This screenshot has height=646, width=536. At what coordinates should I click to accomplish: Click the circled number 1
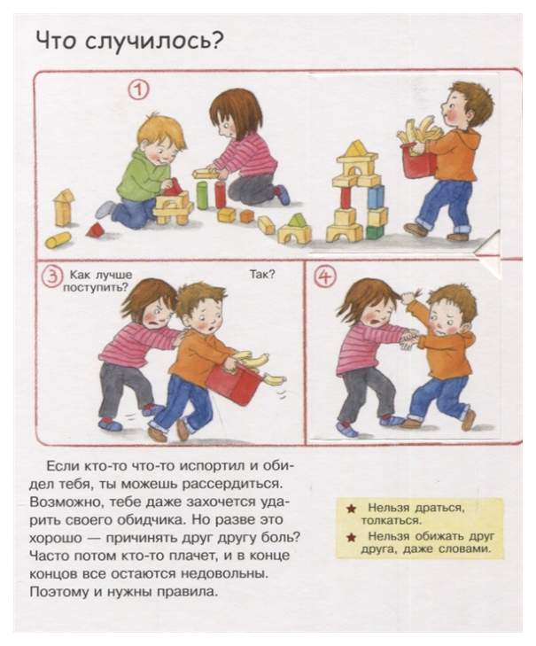(140, 90)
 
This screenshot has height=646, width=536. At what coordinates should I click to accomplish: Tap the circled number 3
(52, 276)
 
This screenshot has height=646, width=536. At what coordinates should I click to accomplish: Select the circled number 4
(325, 277)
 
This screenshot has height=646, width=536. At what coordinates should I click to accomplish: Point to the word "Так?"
(262, 275)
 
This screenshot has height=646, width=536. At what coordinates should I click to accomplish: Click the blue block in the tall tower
(376, 197)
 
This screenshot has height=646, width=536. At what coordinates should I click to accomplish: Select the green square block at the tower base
(375, 232)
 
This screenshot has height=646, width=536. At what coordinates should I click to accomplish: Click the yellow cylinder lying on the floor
(58, 240)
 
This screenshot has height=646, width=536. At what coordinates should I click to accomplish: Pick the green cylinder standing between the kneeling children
(202, 195)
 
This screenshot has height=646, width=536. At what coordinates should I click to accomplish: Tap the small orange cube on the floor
(247, 215)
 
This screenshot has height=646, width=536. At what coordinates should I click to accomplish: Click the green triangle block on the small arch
(296, 221)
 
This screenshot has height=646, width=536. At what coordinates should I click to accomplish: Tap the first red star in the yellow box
(352, 510)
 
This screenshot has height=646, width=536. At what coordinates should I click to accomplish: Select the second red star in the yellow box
(352, 537)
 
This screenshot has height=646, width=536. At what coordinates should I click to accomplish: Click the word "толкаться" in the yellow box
(390, 521)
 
